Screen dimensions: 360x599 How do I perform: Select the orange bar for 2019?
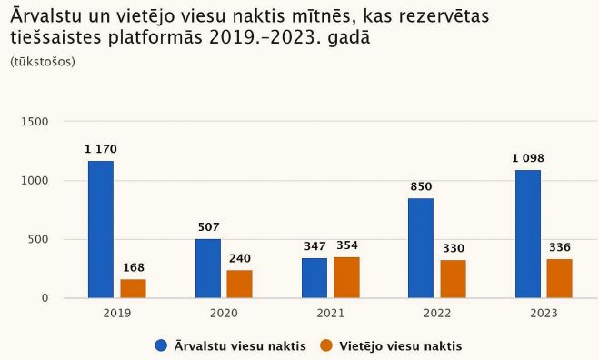pyautogui.click(x=134, y=288)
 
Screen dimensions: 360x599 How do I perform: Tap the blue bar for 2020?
pyautogui.click(x=207, y=268)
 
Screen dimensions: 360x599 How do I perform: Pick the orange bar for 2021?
pyautogui.click(x=346, y=277)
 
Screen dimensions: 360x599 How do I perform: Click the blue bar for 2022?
pyautogui.click(x=421, y=248)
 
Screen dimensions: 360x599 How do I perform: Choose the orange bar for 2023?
pyautogui.click(x=560, y=278)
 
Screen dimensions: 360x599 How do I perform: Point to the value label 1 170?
pyautogui.click(x=101, y=149)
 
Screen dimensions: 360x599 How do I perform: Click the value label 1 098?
pyautogui.click(x=527, y=158)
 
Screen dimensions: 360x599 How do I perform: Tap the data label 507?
pyautogui.click(x=208, y=227)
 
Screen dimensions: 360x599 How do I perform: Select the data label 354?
pyautogui.click(x=347, y=245)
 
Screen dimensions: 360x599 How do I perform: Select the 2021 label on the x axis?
pyautogui.click(x=331, y=313)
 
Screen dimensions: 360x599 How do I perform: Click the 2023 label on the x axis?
pyautogui.click(x=544, y=313)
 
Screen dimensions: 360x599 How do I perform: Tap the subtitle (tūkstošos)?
pyautogui.click(x=42, y=62)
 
